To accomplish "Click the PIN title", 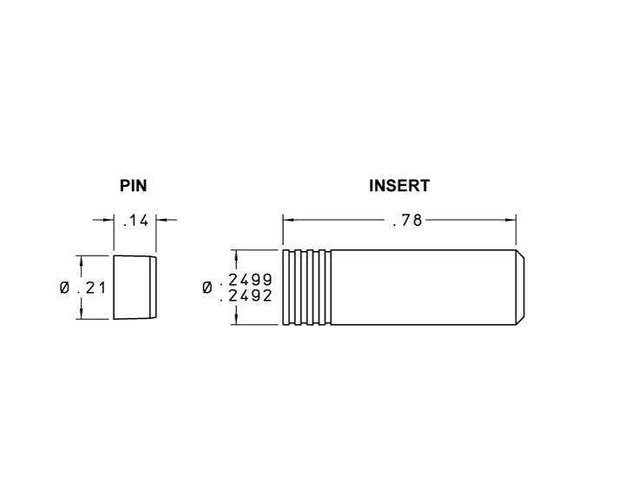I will pyautogui.click(x=133, y=186).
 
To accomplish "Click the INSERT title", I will pyautogui.click(x=399, y=186).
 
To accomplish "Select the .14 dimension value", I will pyautogui.click(x=136, y=221).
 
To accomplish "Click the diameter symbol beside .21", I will pyautogui.click(x=66, y=288).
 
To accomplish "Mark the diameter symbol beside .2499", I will pyautogui.click(x=207, y=288).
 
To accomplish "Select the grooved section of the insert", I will pyautogui.click(x=306, y=288).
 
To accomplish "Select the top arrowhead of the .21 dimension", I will pyautogui.click(x=81, y=261).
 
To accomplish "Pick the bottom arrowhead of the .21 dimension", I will pyautogui.click(x=81, y=314).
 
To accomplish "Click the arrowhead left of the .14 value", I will pyautogui.click(x=109, y=220).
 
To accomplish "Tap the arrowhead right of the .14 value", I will pyautogui.click(x=162, y=220).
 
